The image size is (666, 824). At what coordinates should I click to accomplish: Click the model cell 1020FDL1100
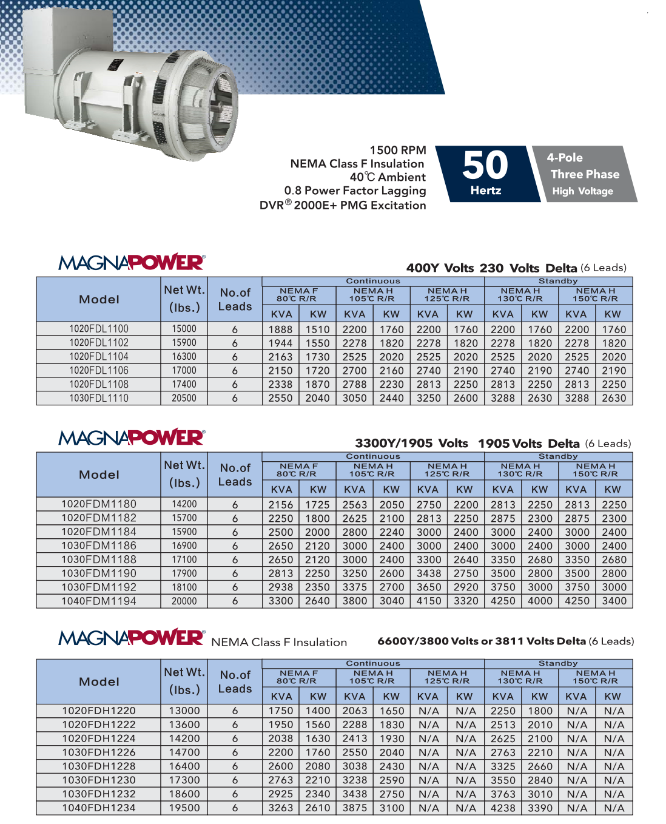click(x=99, y=329)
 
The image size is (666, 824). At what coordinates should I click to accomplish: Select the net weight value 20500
click(x=184, y=398)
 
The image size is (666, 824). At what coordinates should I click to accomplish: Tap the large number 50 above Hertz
click(x=485, y=165)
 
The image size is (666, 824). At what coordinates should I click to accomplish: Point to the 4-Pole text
click(x=565, y=158)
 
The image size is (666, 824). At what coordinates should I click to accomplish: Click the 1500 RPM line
click(x=398, y=150)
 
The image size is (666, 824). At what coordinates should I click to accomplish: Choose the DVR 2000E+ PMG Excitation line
click(x=343, y=205)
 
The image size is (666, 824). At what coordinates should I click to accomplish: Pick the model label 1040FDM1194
click(x=99, y=601)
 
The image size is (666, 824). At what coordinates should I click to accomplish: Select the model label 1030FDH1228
click(x=99, y=766)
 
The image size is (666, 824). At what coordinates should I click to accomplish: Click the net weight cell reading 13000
click(x=184, y=711)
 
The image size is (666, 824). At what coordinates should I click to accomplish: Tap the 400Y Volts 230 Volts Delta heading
click(x=491, y=268)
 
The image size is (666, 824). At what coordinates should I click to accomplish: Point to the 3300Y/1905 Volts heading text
click(x=411, y=444)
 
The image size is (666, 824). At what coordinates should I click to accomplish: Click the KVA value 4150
click(x=429, y=601)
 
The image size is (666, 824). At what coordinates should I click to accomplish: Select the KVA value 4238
click(x=503, y=808)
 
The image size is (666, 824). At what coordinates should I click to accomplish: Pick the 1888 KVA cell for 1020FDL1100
click(x=280, y=329)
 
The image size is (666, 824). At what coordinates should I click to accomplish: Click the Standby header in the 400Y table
click(x=558, y=282)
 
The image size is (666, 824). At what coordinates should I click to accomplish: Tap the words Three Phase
click(x=585, y=174)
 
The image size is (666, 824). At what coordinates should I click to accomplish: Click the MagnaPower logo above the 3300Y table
click(x=132, y=437)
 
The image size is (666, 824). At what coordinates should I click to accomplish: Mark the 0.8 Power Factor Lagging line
click(x=355, y=191)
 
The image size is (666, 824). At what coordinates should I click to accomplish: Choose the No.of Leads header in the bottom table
click(x=235, y=682)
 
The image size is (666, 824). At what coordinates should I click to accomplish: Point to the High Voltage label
click(x=582, y=191)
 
